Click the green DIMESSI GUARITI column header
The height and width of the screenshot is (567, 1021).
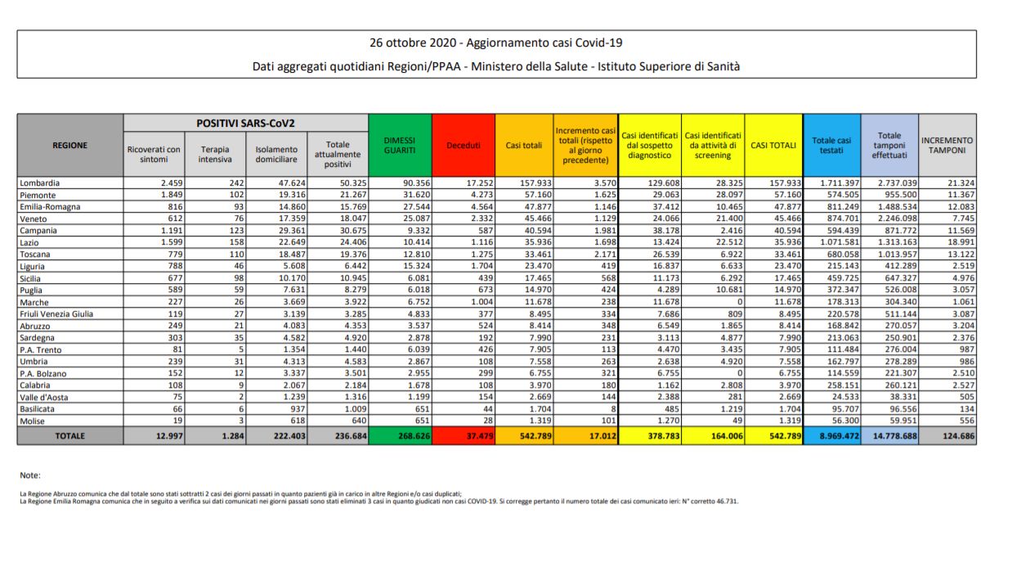(400, 145)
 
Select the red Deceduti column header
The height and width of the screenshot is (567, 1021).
(463, 145)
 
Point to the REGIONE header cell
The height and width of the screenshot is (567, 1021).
(70, 145)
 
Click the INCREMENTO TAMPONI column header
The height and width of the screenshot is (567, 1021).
(948, 145)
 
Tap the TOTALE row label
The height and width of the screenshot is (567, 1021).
(70, 436)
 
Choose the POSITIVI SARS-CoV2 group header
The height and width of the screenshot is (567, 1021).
(245, 123)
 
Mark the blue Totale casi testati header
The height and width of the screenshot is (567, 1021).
(832, 145)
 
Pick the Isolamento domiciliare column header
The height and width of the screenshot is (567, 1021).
(276, 154)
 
